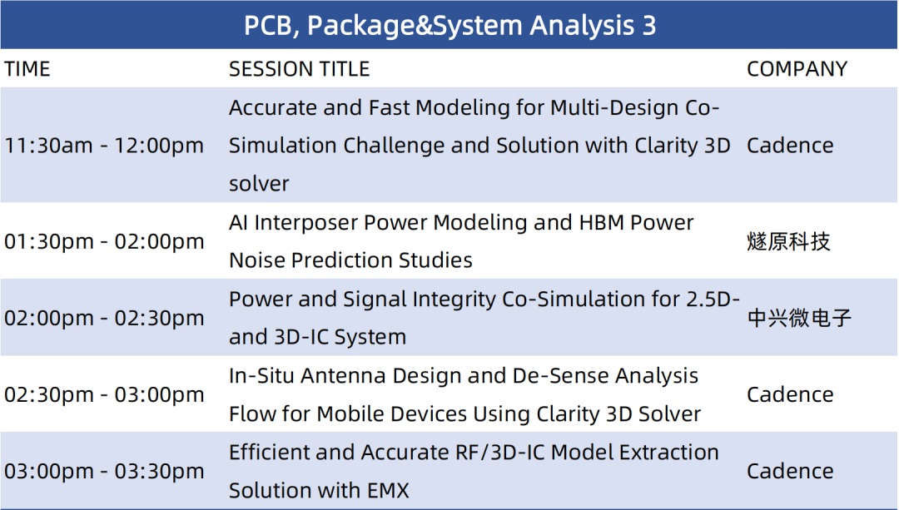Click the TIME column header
27,69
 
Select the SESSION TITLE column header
300,69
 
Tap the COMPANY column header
797,69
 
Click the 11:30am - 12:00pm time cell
104,146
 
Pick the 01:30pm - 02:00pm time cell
104,241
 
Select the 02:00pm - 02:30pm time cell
104,318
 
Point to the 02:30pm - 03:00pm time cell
104,395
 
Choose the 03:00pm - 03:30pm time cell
104,471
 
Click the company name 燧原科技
788,241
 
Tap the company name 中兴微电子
799,318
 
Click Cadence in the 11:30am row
790,146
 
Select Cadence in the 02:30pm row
790,395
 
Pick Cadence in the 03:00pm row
790,471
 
